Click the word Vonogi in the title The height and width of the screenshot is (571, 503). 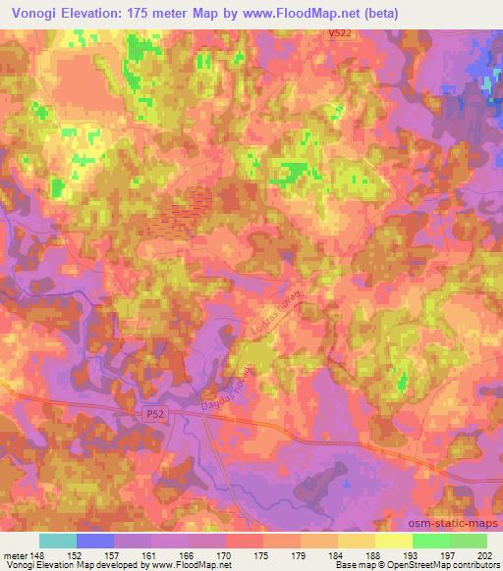pos(37,13)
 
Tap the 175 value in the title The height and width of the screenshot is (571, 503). pos(155,13)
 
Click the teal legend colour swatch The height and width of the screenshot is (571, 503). pos(58,541)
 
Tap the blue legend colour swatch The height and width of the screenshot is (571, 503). pos(95,541)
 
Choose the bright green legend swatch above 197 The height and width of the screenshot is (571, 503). pos(430,541)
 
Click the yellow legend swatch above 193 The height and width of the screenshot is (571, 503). pos(393,541)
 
